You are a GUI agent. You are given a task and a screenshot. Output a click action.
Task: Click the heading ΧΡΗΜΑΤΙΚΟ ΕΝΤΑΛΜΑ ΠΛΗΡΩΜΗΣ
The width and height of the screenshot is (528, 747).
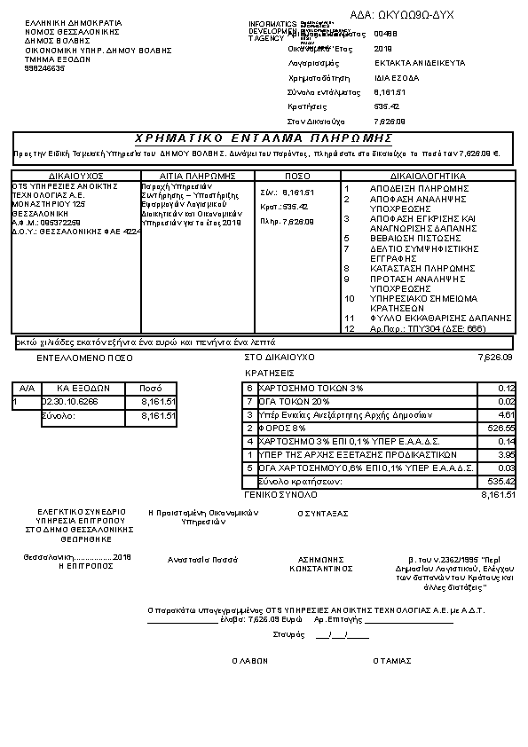264,138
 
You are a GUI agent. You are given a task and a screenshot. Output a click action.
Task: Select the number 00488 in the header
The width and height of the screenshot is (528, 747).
386,34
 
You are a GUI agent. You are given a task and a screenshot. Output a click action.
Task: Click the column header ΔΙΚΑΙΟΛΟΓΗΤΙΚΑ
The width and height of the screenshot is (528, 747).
427,176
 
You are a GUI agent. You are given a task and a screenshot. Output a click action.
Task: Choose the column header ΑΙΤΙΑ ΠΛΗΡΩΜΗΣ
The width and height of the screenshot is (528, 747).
197,176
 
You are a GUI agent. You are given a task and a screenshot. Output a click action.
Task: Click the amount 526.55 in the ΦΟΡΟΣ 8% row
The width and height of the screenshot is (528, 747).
503,428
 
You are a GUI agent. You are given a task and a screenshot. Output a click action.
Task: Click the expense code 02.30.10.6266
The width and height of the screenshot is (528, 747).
70,402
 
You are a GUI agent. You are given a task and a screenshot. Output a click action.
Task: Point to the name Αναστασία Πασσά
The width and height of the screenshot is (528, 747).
203,560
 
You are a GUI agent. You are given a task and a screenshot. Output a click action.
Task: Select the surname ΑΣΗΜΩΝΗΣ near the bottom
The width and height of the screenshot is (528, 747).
321,559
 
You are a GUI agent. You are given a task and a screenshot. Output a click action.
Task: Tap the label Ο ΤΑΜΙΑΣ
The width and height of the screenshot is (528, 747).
391,660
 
